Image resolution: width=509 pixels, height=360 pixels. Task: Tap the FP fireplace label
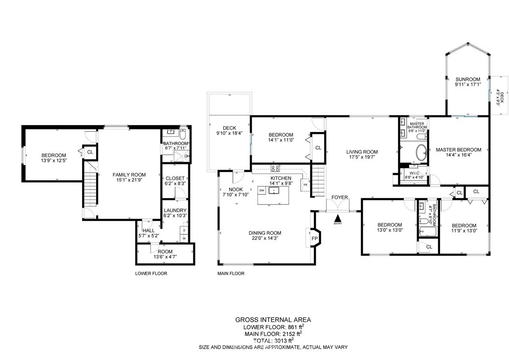(x=314, y=239)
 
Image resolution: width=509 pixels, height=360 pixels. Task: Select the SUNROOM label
(x=467, y=79)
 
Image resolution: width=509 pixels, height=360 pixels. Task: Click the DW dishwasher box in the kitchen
(x=262, y=190)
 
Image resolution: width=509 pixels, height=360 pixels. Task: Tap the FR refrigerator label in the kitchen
(x=305, y=185)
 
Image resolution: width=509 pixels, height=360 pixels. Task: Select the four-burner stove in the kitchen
(x=275, y=168)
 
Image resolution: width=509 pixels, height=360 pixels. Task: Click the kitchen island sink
(x=274, y=190)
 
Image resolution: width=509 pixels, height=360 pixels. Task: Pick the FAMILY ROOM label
(x=129, y=174)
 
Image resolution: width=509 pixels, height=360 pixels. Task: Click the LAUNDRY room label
(x=175, y=211)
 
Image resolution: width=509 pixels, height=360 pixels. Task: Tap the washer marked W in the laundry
(x=184, y=238)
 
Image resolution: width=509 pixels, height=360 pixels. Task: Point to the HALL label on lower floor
(x=149, y=230)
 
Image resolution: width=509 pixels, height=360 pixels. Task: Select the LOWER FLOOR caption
(x=151, y=274)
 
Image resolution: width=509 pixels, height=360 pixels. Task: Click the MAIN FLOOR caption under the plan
(x=231, y=274)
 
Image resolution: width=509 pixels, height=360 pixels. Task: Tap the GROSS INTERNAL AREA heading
(x=273, y=320)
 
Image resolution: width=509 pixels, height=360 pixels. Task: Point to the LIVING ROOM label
(x=362, y=152)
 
